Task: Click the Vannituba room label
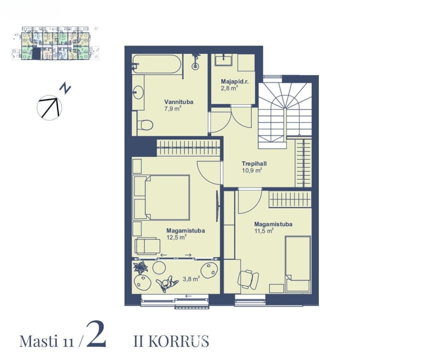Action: pos(179,102)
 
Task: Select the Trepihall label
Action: pos(254,164)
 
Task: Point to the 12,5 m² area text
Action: pos(177,237)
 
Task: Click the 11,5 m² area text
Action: pos(264,231)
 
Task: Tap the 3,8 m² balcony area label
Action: pos(191,279)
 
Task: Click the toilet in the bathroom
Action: pos(145,125)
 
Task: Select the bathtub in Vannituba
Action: pos(157,64)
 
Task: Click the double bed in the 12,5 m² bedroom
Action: pos(162,198)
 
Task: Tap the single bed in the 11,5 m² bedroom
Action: pos(298,264)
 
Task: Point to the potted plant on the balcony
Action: pos(141,267)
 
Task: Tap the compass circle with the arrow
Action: pos(49,108)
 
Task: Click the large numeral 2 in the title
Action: pos(96,333)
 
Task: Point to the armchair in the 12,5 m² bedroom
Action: pos(148,246)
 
